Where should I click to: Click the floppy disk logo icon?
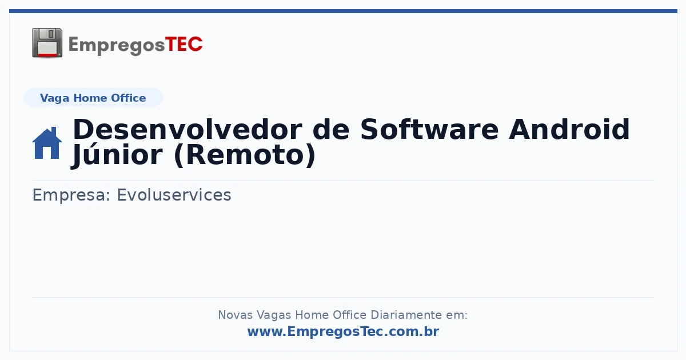[x=47, y=43]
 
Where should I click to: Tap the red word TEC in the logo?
[x=184, y=45]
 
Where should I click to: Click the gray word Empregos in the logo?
[x=117, y=46]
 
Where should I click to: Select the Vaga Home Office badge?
[x=93, y=98]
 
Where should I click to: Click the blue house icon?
[x=47, y=143]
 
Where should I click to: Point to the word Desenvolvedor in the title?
[x=188, y=130]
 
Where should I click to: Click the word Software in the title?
[x=429, y=130]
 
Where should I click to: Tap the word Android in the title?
[x=569, y=130]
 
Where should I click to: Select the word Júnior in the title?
[x=117, y=155]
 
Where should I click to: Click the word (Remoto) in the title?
[x=245, y=155]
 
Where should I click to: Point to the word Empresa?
[x=71, y=195]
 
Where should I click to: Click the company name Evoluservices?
[x=174, y=195]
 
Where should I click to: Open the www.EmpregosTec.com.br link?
[x=343, y=331]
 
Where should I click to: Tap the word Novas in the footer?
[x=235, y=315]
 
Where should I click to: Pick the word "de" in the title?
[x=331, y=130]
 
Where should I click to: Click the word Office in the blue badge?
[x=128, y=98]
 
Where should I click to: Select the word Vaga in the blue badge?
[x=54, y=98]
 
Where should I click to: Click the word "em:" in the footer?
[x=457, y=315]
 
